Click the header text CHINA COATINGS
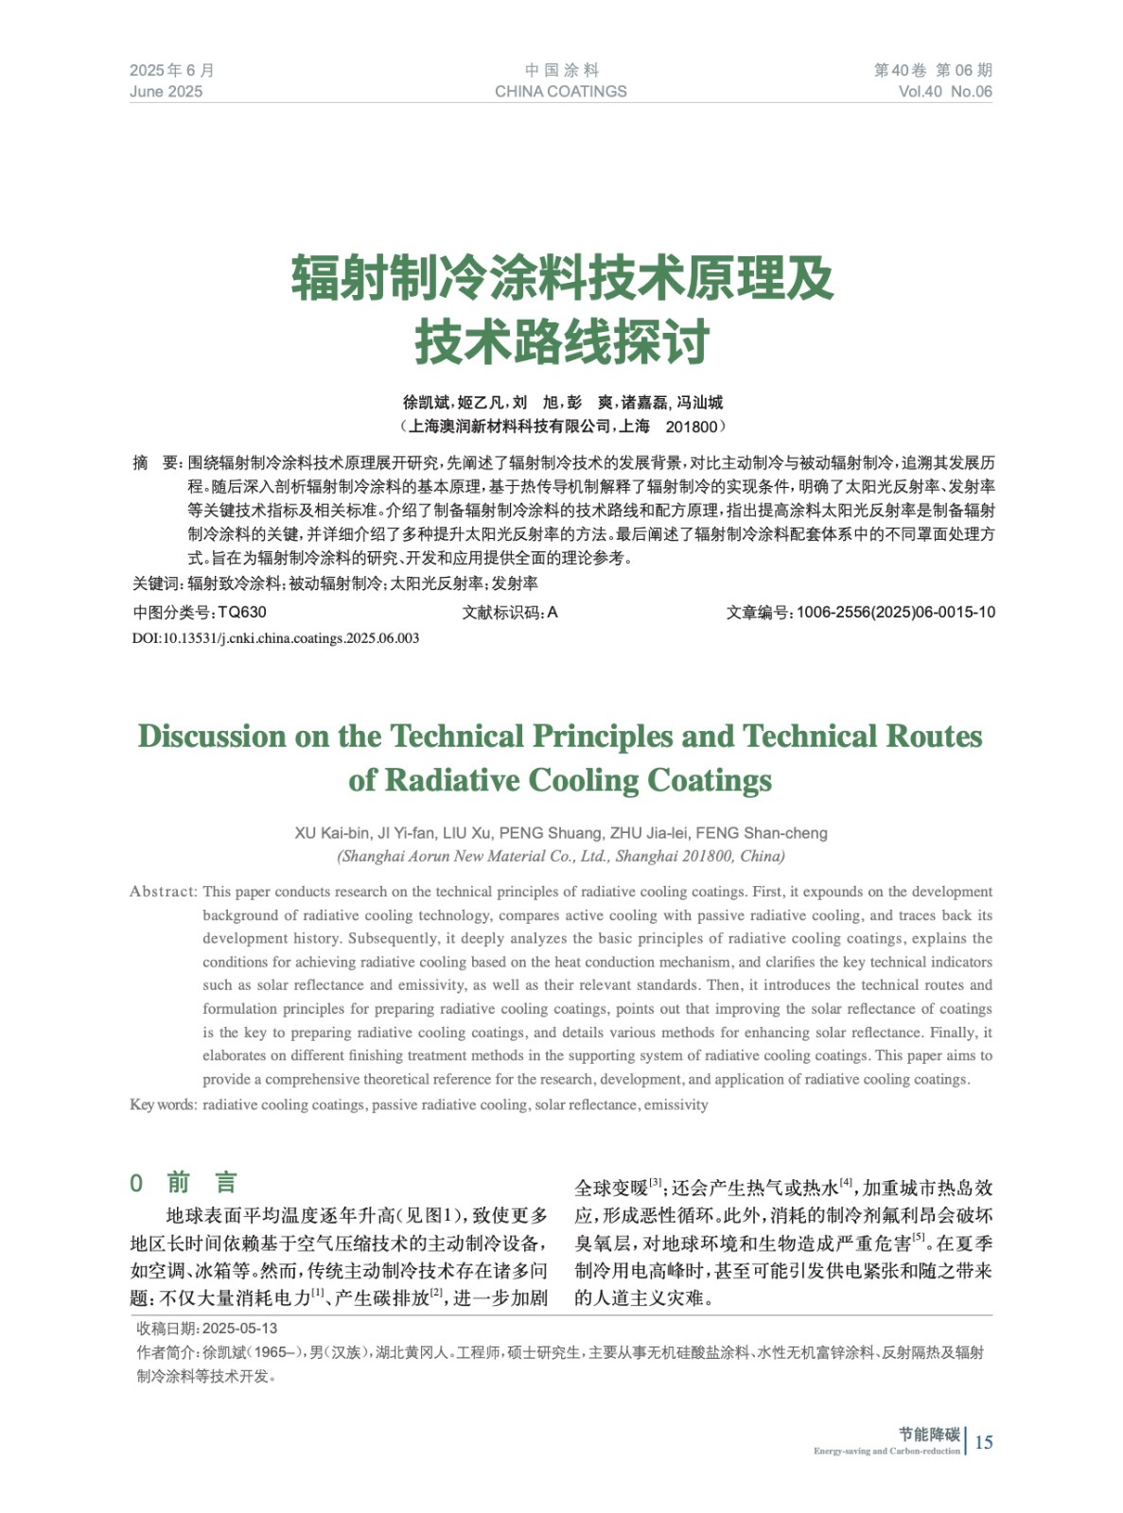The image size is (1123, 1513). (560, 92)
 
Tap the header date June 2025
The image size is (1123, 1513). (166, 92)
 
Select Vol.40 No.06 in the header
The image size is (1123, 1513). (944, 92)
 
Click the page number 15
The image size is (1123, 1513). (984, 1442)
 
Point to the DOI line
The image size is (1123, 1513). (275, 638)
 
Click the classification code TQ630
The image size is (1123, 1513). (242, 613)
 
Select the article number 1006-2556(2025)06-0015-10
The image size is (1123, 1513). (895, 613)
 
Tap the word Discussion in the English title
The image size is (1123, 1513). (212, 737)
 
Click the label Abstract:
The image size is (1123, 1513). (164, 892)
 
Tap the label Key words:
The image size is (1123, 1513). (164, 1104)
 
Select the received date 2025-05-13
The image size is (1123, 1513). (239, 1329)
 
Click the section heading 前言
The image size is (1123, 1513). (202, 1183)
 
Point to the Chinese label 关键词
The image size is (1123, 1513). (156, 584)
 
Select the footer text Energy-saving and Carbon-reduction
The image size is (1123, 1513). (886, 1452)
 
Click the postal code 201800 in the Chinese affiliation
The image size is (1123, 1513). (691, 427)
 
